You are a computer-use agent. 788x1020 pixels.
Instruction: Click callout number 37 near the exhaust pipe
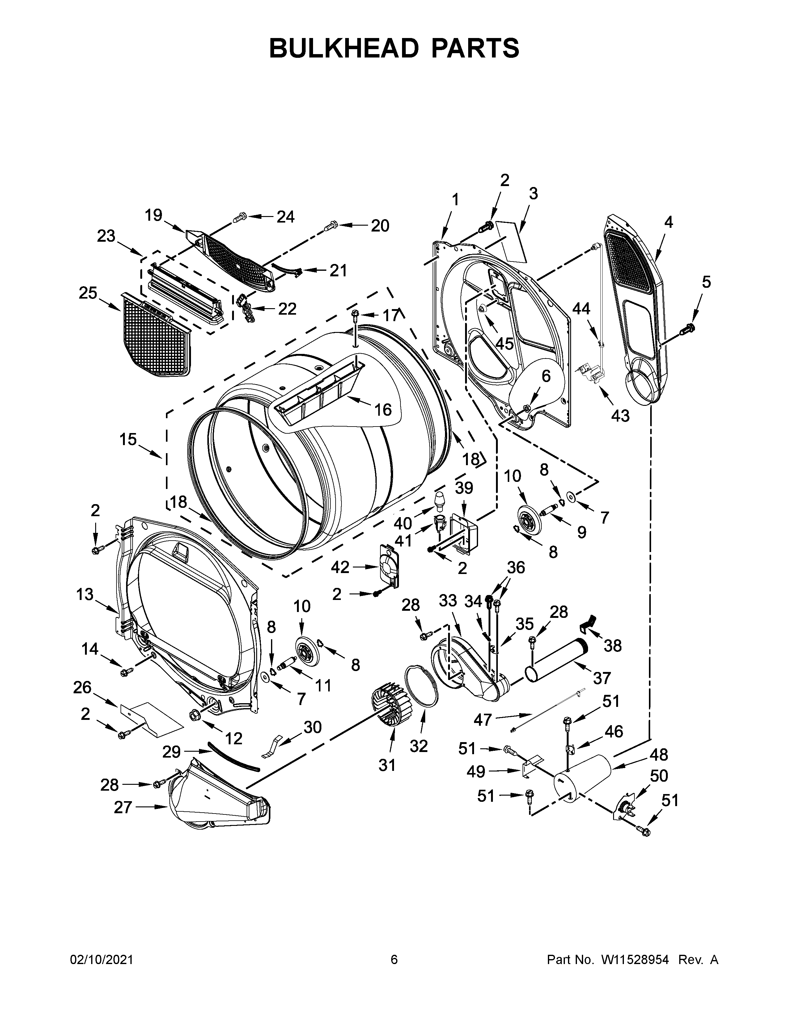click(x=601, y=677)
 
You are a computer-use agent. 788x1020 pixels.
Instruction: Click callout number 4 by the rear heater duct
click(x=668, y=222)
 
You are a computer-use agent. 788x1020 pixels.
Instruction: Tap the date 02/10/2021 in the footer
click(x=101, y=959)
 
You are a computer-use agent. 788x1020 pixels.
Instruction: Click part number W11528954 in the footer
click(x=635, y=959)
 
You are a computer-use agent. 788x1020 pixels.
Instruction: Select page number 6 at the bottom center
click(x=394, y=959)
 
